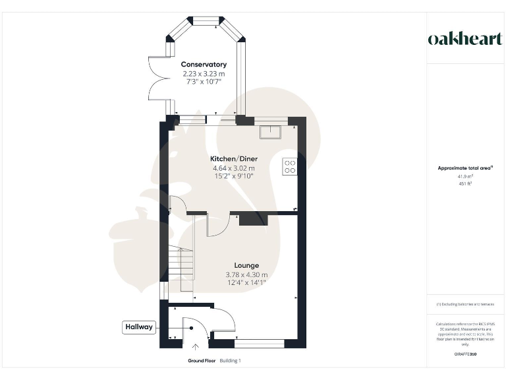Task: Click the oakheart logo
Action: click(464, 38)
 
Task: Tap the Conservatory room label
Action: click(204, 65)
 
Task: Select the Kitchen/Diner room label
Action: click(233, 159)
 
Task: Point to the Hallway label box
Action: click(139, 327)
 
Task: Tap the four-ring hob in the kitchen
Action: click(289, 166)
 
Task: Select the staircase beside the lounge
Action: click(181, 264)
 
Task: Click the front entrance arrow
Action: click(195, 348)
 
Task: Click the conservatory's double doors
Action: click(156, 78)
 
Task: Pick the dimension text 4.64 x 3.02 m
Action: click(233, 168)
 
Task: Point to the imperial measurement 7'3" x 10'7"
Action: click(204, 82)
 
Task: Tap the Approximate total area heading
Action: click(464, 168)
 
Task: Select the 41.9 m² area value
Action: click(464, 177)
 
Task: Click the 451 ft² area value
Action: click(464, 184)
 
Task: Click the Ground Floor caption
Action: click(201, 361)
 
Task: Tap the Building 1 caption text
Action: click(231, 361)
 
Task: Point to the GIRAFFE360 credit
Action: click(465, 355)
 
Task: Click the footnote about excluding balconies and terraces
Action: click(465, 304)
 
